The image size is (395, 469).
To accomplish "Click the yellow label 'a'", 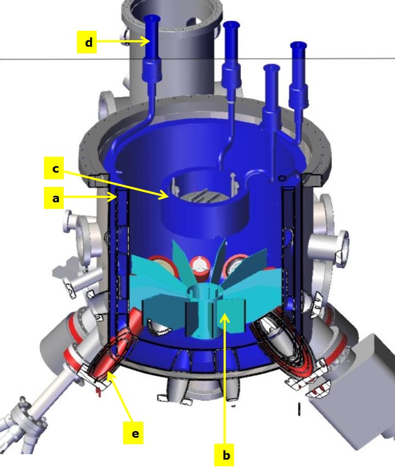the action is [x=55, y=198].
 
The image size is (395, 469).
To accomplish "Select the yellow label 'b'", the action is [x=226, y=455].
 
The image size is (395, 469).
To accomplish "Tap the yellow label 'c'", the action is [x=55, y=168].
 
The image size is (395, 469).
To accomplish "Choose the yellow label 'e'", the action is [x=135, y=433].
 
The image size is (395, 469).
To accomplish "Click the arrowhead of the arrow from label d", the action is [x=146, y=41].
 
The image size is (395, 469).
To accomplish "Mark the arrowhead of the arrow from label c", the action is [x=165, y=195].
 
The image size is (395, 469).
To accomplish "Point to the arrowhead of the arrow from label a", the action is [x=113, y=196].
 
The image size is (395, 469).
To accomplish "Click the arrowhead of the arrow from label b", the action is [x=225, y=318].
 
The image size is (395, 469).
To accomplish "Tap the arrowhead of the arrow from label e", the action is [x=110, y=376].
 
